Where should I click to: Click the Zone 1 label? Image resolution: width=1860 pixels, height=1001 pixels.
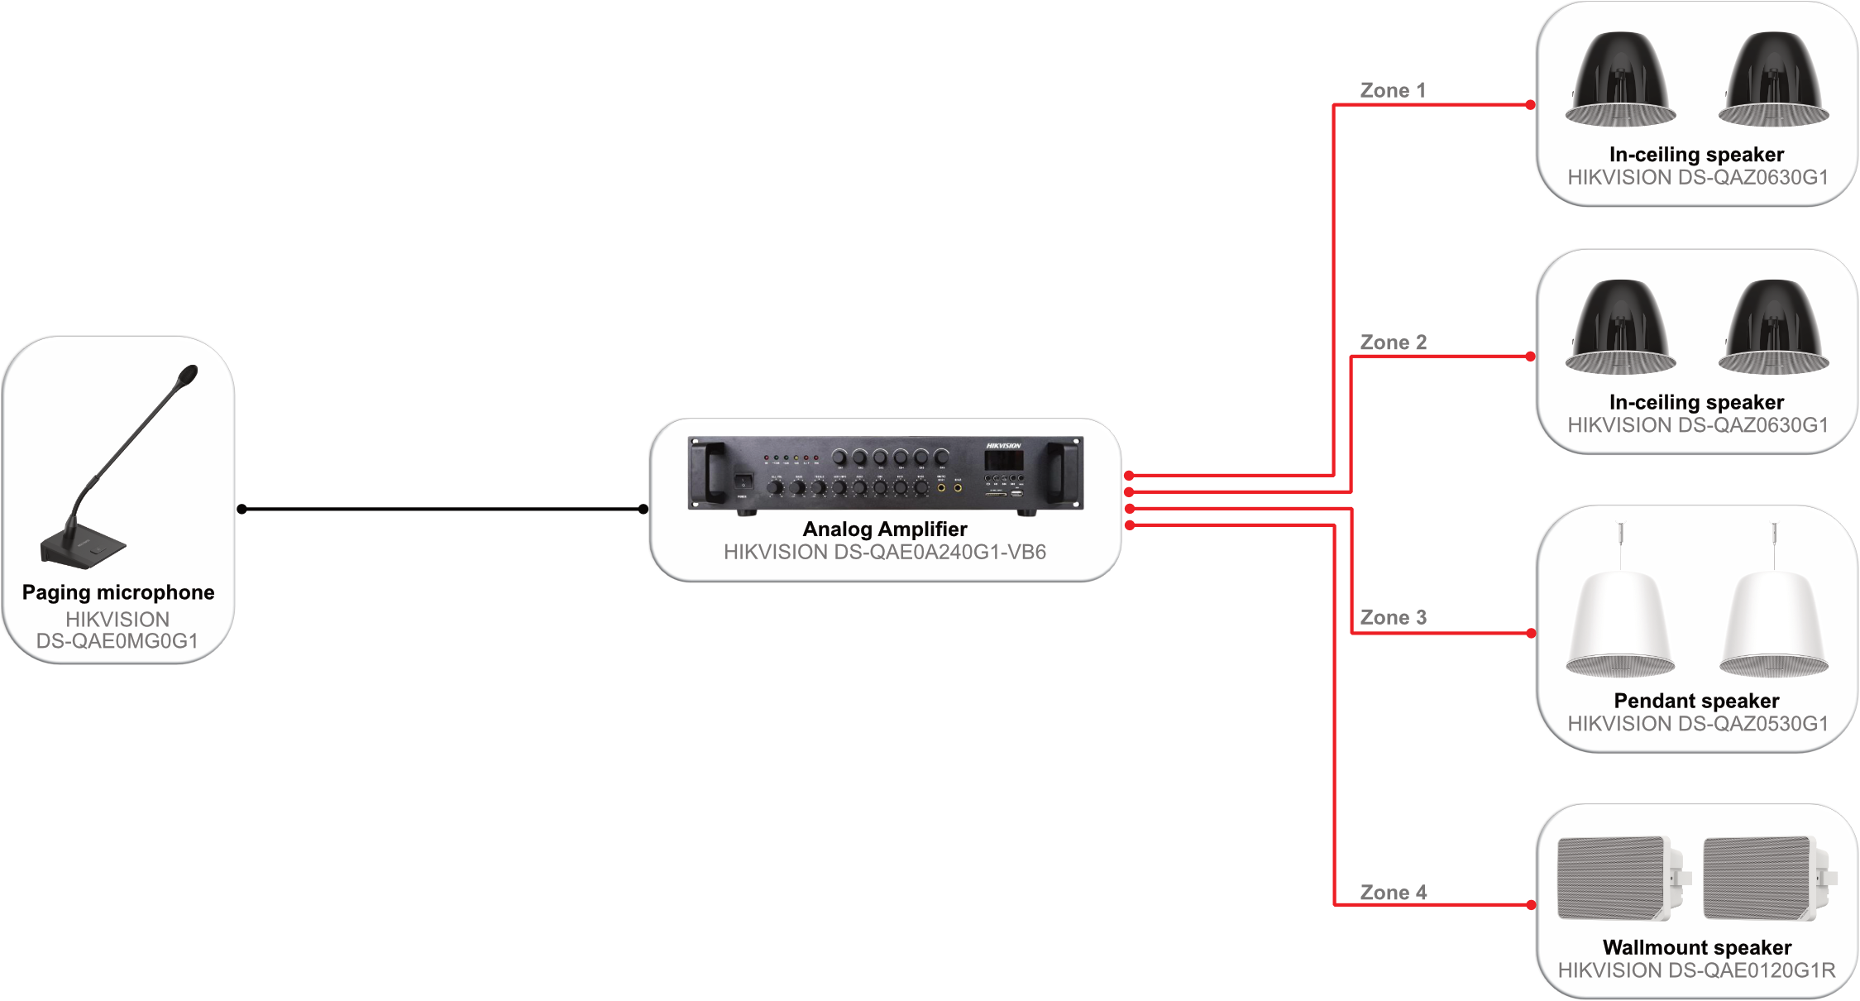[x=1393, y=90]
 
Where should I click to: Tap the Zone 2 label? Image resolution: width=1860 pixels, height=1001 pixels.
[x=1394, y=342]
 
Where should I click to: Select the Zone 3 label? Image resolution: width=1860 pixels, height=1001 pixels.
[x=1394, y=617]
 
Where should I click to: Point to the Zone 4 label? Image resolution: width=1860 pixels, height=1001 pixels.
[x=1394, y=893]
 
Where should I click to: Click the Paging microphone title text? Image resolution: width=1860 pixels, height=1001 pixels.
[x=118, y=592]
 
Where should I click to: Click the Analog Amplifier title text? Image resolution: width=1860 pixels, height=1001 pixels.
[x=885, y=529]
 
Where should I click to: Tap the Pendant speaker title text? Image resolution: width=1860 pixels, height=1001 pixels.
[x=1696, y=701]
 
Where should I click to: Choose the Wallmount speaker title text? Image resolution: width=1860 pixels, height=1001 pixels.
[x=1697, y=947]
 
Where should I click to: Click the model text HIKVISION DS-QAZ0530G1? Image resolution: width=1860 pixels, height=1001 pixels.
[x=1697, y=724]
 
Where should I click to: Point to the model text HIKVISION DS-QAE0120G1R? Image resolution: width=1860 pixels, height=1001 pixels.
[x=1697, y=970]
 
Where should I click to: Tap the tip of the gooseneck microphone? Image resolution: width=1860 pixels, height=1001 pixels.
[x=189, y=375]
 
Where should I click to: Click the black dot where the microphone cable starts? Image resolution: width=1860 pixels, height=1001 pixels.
[x=241, y=509]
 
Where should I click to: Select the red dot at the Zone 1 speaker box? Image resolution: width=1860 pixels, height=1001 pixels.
[x=1531, y=105]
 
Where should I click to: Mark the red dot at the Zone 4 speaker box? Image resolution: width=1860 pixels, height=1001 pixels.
[x=1531, y=905]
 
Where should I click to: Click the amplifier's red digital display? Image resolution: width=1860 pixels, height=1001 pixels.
[x=1004, y=460]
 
